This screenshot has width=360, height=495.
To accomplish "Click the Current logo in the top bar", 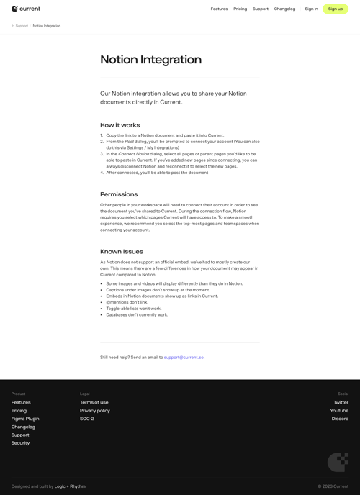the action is coord(26,9).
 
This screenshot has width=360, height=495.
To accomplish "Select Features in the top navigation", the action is coord(219,9).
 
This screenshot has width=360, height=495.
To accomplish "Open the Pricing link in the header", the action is coord(240,9).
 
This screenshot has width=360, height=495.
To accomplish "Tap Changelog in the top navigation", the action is coord(284,9).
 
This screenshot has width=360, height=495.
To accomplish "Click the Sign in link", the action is coord(311,9).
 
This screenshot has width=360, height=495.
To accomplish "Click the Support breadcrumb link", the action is coord(22,26).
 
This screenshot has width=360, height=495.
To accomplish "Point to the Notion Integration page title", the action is coord(150,60).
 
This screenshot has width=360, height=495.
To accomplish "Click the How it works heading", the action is coord(120,125).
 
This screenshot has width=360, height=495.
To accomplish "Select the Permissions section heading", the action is coord(119,194).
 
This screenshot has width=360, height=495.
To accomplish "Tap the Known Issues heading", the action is coord(121,252).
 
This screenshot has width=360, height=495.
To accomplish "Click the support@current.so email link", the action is coord(184,358).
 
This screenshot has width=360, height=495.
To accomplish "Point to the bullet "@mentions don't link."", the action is coord(127,302).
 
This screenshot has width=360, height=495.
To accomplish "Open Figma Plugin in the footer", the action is coord(25,419).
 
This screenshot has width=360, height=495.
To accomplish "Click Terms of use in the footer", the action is coord(94,402).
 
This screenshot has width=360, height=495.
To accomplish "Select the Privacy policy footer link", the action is coord(94,411).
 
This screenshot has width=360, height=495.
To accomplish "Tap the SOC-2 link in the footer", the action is coord(86,419).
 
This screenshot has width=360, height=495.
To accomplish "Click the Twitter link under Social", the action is coord(341,402).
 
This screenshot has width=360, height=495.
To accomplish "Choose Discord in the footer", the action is coord(340,419).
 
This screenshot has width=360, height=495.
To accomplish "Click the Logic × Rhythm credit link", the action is coord(70,486).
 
